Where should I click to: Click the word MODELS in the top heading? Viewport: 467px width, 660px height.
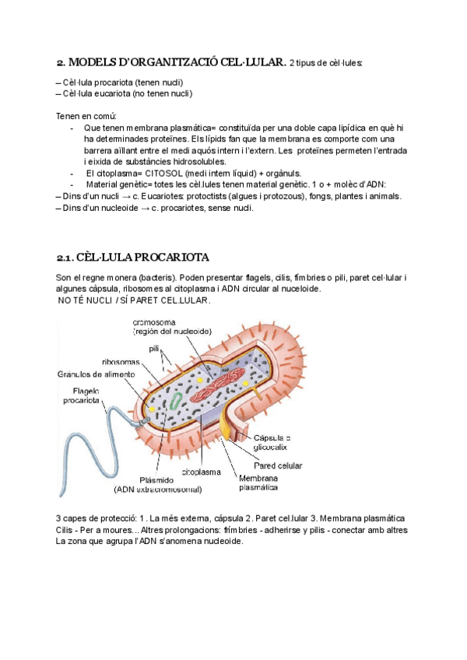pos(95,62)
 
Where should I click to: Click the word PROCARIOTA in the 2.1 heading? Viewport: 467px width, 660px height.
pos(170,258)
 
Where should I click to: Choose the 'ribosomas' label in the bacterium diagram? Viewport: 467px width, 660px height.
pos(121,362)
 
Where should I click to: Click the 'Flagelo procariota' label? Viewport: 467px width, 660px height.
pos(81,395)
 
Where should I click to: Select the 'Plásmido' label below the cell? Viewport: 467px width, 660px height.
pos(156,479)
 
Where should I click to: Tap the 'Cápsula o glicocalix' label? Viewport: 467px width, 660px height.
pos(272,442)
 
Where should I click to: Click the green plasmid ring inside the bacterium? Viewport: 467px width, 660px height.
pos(177,402)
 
